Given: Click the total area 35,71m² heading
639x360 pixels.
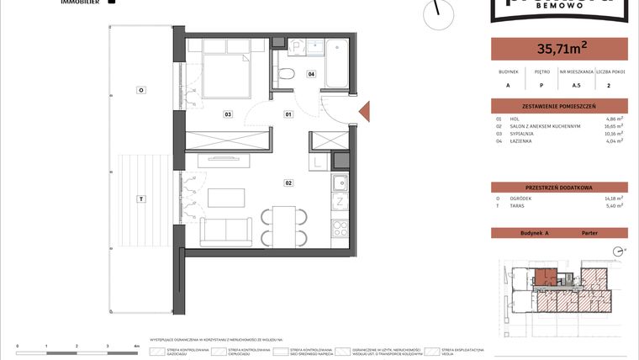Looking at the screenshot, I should pos(558,49).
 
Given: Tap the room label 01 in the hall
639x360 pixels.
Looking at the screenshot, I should pos(288,114).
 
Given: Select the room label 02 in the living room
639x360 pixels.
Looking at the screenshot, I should pos(288,182).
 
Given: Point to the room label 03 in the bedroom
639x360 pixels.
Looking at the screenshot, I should pos(227,114).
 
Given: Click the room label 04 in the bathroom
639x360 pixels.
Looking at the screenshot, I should pos(311,74).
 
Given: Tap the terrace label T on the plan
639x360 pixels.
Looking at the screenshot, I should pos(141,199).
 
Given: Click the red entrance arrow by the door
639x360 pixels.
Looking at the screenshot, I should pos(364,113).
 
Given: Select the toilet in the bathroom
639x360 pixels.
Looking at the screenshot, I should pos(287,72).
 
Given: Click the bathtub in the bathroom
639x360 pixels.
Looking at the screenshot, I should pos(338,63).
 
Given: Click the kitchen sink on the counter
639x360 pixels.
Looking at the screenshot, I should pos(339,184).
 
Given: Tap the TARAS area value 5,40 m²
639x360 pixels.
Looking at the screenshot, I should pos(615,205).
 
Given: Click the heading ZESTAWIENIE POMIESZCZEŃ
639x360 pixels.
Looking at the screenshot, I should pos(558,107).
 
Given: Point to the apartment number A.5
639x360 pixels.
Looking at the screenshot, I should pos(577,85).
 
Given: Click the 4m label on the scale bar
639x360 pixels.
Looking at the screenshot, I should pos(136,346).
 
